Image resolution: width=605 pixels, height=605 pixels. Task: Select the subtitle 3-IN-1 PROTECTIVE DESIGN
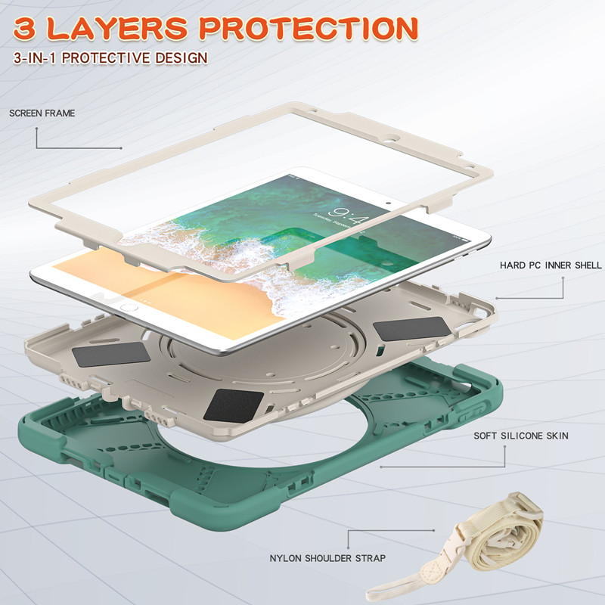click(x=110, y=58)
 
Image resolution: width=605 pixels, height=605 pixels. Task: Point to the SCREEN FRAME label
click(x=42, y=113)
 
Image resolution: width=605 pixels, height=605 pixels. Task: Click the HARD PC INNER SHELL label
click(x=551, y=265)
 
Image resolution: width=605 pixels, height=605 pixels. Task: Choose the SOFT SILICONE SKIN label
click(x=521, y=436)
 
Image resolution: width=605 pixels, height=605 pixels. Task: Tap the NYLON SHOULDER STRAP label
click(x=327, y=558)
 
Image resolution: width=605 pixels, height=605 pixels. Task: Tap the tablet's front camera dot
click(x=387, y=203)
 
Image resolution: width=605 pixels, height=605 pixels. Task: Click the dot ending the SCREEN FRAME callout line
click(x=120, y=148)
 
